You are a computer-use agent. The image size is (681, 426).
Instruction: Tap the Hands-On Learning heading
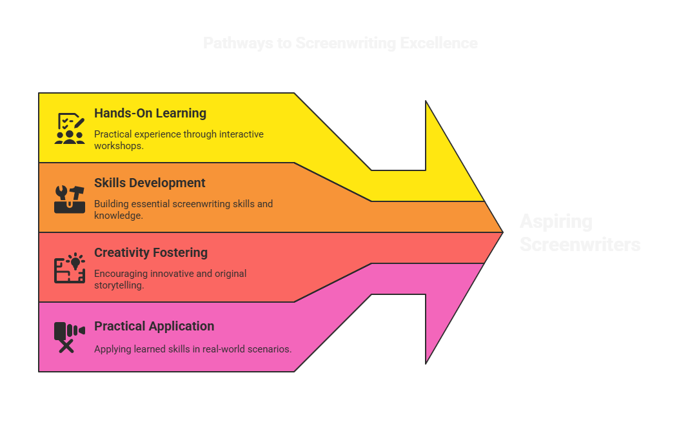click(150, 113)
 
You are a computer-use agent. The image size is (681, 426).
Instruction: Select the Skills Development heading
click(150, 183)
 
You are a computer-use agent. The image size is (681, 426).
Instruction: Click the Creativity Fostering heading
click(151, 252)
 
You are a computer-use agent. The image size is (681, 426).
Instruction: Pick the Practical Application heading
click(154, 326)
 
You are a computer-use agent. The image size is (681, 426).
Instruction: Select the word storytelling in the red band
click(119, 285)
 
